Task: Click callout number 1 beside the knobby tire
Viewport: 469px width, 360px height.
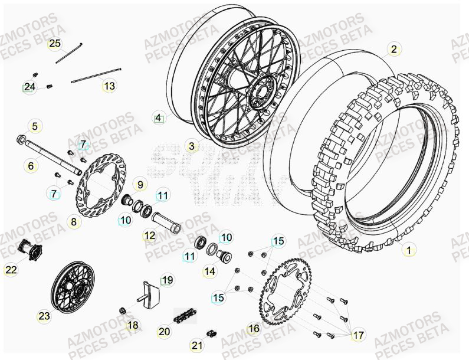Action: tap(408, 250)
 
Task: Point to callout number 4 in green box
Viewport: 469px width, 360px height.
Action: tap(158, 118)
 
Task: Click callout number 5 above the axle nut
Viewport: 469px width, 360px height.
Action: tap(35, 126)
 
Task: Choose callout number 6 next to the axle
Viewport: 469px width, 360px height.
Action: tap(31, 166)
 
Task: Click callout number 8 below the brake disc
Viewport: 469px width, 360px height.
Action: tap(74, 222)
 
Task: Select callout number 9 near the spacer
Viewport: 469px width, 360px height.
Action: tap(140, 185)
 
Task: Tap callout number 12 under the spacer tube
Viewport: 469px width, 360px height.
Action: tap(149, 235)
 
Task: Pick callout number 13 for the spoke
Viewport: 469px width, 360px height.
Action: tap(109, 86)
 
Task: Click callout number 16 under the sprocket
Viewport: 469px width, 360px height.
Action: tap(253, 329)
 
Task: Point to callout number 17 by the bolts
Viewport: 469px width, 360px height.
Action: tap(358, 335)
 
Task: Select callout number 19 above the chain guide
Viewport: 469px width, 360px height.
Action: tap(168, 280)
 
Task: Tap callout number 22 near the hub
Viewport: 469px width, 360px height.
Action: tap(11, 270)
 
